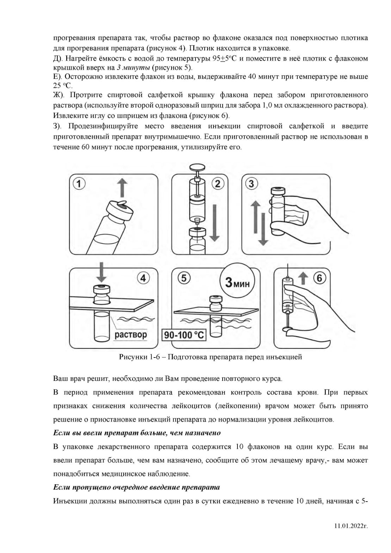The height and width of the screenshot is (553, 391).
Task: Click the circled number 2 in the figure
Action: coord(218,184)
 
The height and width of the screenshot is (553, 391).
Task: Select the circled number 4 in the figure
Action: coord(143,278)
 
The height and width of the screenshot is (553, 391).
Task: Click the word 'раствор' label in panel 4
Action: coord(131,334)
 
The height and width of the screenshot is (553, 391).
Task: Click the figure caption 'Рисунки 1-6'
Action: coord(210,357)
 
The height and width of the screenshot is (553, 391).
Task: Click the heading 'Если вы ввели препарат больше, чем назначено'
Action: coord(137,433)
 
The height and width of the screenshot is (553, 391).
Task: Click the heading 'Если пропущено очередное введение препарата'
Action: coord(136,487)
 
